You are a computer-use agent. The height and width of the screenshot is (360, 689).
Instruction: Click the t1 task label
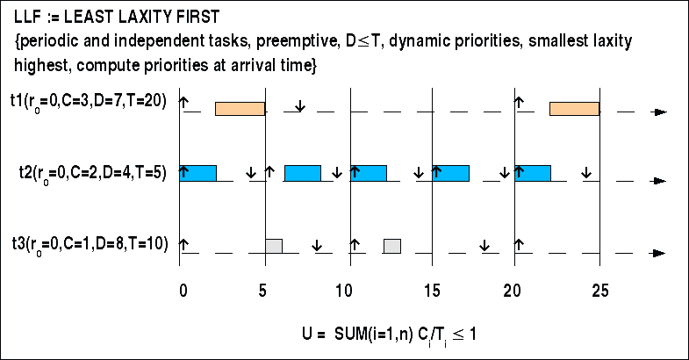pyautogui.click(x=91, y=102)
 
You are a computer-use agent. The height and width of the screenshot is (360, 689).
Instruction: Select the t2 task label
pyautogui.click(x=91, y=173)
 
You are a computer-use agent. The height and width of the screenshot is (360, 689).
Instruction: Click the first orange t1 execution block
pyautogui.click(x=240, y=109)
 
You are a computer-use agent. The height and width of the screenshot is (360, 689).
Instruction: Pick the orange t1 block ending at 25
pyautogui.click(x=574, y=109)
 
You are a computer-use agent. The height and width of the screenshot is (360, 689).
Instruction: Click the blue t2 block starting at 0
pyautogui.click(x=198, y=173)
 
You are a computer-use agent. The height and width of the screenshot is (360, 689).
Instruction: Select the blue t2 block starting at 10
pyautogui.click(x=368, y=173)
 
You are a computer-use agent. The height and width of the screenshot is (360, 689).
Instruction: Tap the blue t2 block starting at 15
pyautogui.click(x=450, y=173)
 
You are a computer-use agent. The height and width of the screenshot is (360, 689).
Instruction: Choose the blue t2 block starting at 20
pyautogui.click(x=533, y=173)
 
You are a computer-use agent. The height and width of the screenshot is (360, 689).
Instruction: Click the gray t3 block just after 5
pyautogui.click(x=274, y=246)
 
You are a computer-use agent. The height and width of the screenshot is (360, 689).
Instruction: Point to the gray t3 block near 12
pyautogui.click(x=392, y=246)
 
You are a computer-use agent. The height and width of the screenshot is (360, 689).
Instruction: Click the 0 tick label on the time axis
pyautogui.click(x=182, y=289)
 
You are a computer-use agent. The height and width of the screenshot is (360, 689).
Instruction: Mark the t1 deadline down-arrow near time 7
pyautogui.click(x=300, y=106)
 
